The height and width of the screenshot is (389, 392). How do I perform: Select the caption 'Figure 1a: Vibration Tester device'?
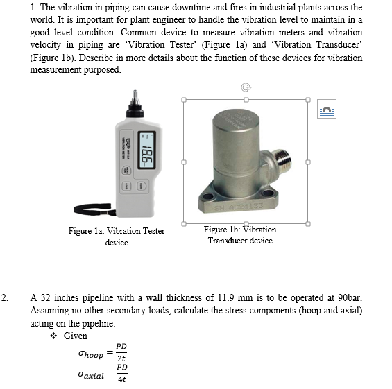pos(117,236)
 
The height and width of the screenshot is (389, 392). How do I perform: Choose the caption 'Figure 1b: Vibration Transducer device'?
pos(240,235)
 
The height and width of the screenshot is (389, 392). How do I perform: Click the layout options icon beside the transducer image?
pos(327,108)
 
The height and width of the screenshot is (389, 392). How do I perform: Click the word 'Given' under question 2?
pos(75,336)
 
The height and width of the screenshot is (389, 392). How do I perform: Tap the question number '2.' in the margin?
pos(6,298)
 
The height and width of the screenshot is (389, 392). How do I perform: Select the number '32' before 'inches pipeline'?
pos(46,298)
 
